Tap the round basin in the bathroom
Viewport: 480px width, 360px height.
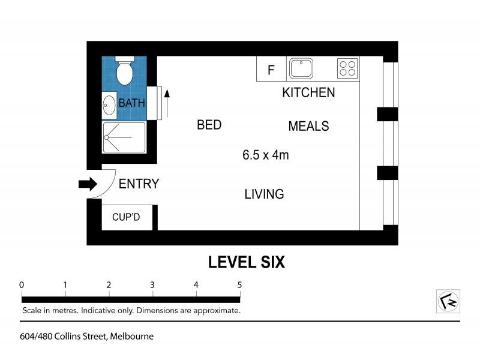tap(109, 105)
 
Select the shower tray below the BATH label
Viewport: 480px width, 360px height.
tap(124, 137)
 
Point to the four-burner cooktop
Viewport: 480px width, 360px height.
tap(347, 68)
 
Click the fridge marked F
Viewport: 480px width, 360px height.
tap(271, 70)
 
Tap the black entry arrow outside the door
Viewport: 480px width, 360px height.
tap(88, 184)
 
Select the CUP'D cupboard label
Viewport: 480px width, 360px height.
tap(126, 217)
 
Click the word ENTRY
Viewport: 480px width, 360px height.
tap(139, 184)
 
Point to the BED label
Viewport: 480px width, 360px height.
tap(209, 125)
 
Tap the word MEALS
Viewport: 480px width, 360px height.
tap(308, 126)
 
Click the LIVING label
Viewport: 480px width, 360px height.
tap(264, 194)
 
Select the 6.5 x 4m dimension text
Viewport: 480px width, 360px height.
tap(266, 156)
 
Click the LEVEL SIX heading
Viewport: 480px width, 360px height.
tap(246, 262)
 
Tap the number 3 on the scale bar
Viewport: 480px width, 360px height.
tap(152, 284)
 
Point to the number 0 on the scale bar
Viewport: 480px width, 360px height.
tap(22, 284)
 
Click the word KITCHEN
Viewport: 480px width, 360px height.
tap(308, 93)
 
